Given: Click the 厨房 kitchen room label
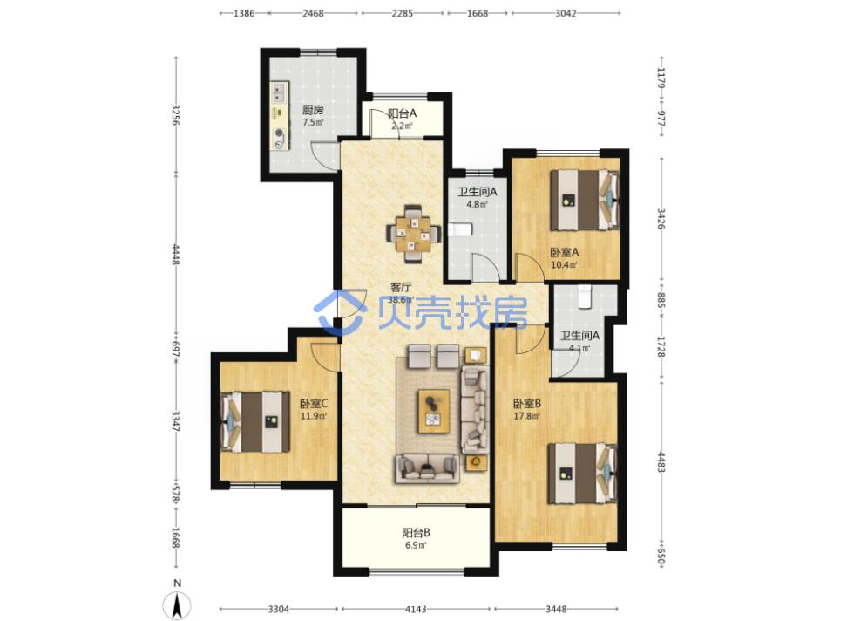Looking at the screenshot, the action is (313, 110).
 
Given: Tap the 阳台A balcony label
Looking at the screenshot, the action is (402, 113).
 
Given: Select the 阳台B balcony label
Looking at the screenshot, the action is (416, 532).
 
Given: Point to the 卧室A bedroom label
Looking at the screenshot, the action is (565, 252).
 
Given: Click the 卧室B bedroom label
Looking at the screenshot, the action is (527, 403).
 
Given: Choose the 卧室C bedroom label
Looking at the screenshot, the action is (314, 403).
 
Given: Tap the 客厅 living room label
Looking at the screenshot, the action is (401, 287).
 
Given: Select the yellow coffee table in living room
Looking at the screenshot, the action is (434, 411).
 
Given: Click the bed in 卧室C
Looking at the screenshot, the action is (255, 422).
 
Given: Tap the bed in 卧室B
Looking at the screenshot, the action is (582, 474).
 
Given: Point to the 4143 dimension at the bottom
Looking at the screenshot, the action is (416, 609).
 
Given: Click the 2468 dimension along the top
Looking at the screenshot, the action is (313, 13).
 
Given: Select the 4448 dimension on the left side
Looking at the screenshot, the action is (175, 254).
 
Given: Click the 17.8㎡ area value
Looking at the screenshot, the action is (527, 416).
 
